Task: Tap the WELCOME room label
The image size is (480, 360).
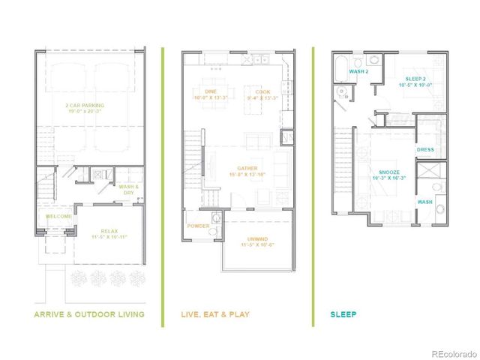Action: tap(59, 217)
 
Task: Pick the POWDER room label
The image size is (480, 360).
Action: tap(199, 226)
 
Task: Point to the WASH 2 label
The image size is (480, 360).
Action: tap(360, 72)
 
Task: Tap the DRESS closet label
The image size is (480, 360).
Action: tap(426, 149)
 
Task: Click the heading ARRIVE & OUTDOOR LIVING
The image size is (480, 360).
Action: tap(89, 313)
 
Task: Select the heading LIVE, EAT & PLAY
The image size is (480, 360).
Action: tap(215, 313)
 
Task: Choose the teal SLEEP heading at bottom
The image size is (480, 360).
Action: tap(343, 313)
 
